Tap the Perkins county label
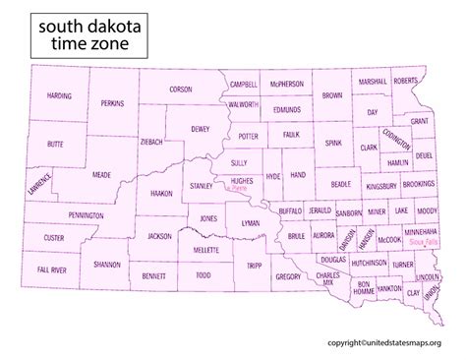113,102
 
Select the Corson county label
181,89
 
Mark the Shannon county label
106,265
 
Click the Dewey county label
200,128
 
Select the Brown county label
331,96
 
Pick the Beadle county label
340,184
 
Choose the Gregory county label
287,277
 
